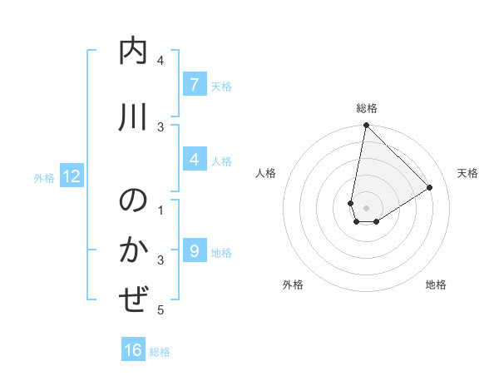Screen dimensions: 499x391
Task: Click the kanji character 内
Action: (134, 52)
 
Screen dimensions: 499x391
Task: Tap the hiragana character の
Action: (134, 202)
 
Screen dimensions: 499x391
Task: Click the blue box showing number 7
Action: (194, 85)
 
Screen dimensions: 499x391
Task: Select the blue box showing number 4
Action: (194, 160)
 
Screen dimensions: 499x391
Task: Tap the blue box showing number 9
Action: (194, 251)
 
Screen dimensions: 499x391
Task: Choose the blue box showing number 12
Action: (71, 176)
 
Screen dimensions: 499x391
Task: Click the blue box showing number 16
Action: (133, 350)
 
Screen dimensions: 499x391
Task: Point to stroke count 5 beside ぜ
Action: (161, 310)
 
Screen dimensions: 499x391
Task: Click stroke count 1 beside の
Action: (161, 210)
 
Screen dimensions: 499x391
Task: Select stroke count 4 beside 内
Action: (161, 61)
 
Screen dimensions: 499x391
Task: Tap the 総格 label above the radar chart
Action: (367, 108)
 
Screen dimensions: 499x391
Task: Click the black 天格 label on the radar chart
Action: (467, 173)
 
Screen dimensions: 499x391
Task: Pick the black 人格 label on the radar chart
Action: (265, 173)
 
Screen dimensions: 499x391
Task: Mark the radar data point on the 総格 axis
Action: (366, 126)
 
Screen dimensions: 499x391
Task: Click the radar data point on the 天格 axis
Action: (430, 187)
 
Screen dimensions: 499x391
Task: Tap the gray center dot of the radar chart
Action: (366, 208)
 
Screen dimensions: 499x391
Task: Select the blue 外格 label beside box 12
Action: (44, 177)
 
